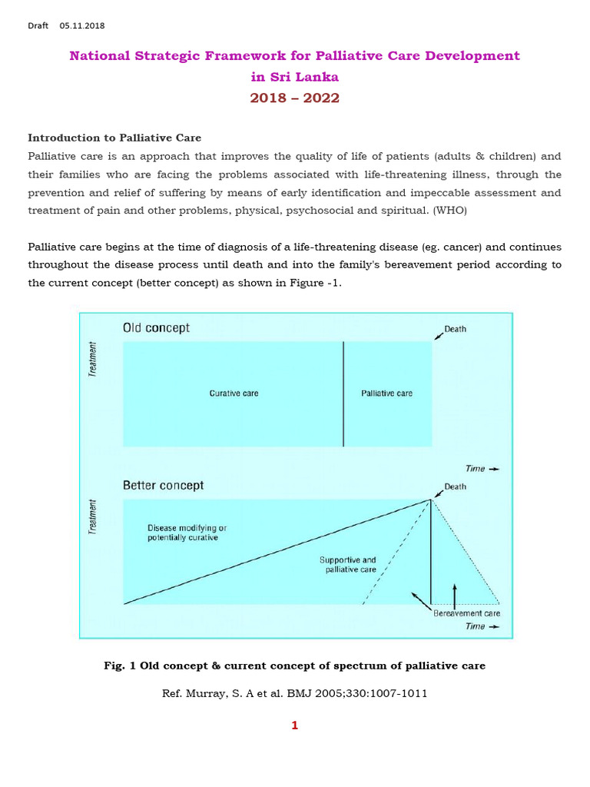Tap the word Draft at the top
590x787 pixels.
[38, 25]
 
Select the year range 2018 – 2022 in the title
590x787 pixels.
[294, 98]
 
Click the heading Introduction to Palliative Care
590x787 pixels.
[114, 138]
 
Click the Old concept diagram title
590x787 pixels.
[156, 328]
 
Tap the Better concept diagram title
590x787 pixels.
[163, 486]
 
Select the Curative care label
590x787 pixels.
[234, 393]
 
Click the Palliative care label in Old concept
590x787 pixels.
[386, 393]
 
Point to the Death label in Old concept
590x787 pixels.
[455, 329]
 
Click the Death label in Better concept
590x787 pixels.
[455, 486]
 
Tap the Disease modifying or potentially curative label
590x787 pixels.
[186, 533]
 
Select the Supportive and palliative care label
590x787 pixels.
[347, 565]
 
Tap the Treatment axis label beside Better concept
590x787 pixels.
[94, 516]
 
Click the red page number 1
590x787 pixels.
[294, 725]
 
